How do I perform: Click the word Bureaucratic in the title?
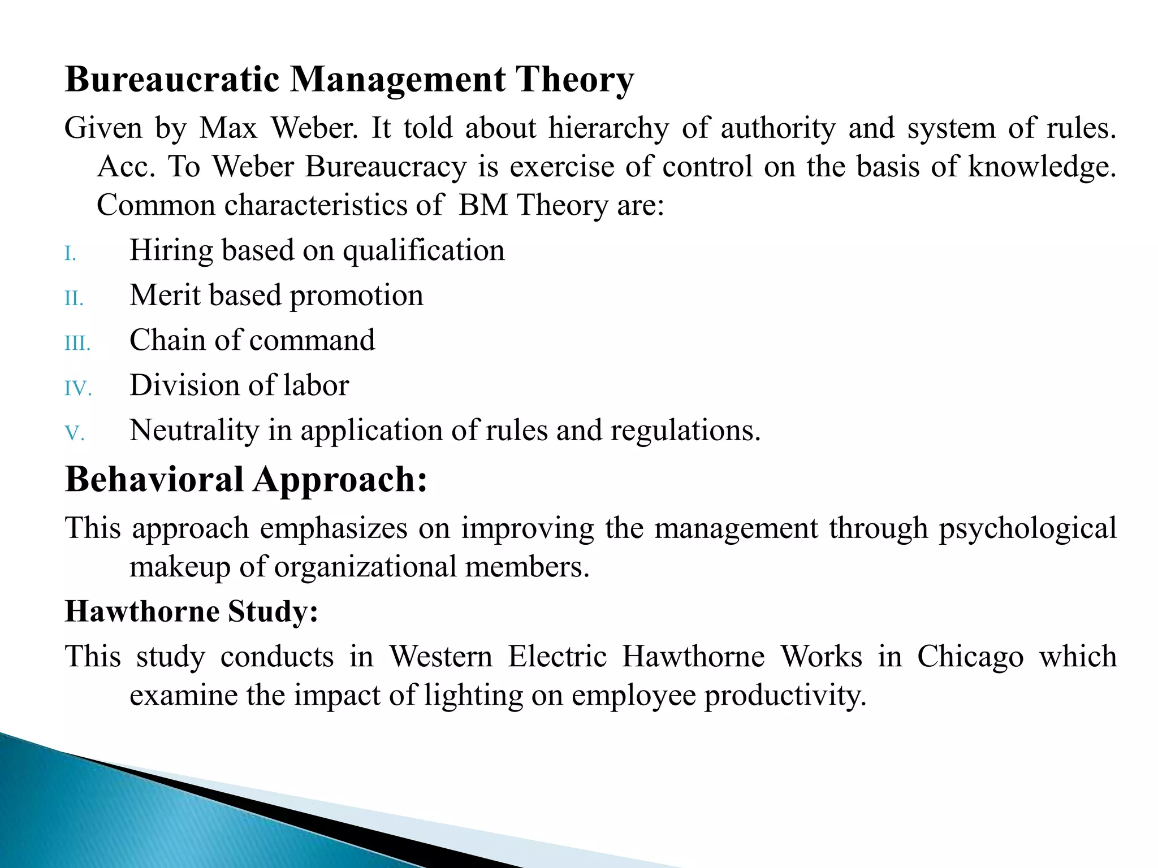click(172, 79)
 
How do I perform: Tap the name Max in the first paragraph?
click(228, 128)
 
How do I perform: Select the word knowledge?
click(1042, 167)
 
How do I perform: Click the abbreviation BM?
click(483, 205)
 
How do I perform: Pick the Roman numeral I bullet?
click(70, 254)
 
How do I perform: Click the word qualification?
click(424, 251)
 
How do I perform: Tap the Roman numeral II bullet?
click(74, 298)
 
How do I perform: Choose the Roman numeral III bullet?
click(77, 344)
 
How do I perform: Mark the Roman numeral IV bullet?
click(78, 389)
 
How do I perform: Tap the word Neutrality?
click(194, 431)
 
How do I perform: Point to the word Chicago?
click(970, 657)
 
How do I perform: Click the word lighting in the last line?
click(473, 696)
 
